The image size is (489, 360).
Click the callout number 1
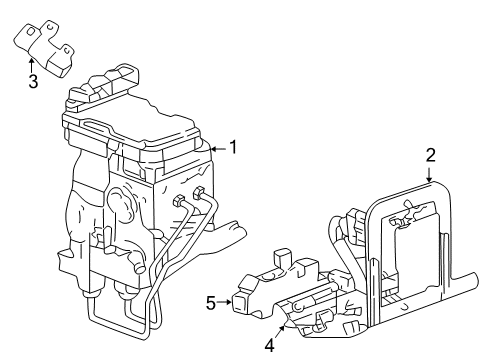point(233,147)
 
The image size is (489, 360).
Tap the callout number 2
point(430,155)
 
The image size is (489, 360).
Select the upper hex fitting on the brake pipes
point(198,194)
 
